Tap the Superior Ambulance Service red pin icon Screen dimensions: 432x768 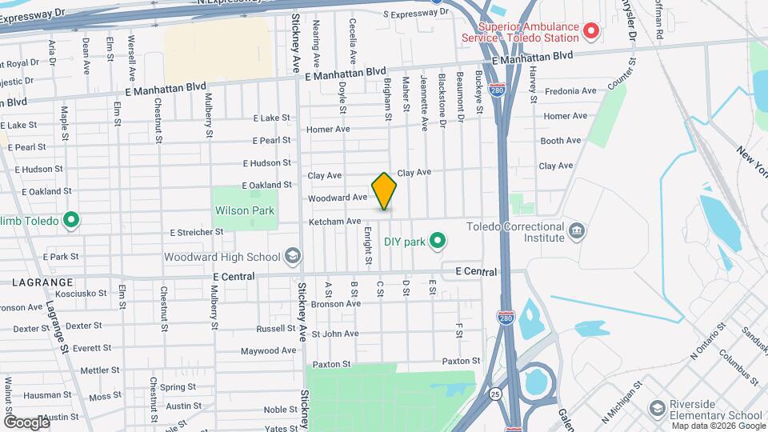[591, 31]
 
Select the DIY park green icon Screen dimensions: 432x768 [437, 240]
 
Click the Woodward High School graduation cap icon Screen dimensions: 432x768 [293, 257]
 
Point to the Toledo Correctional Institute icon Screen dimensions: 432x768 [576, 232]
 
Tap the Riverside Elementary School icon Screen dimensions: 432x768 [657, 410]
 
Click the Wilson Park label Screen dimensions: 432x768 [245, 211]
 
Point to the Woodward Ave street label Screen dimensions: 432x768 [337, 198]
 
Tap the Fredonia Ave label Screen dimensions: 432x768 [570, 91]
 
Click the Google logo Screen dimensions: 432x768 [26, 422]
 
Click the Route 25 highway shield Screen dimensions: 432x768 [497, 394]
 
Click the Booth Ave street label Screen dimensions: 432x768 [560, 141]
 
